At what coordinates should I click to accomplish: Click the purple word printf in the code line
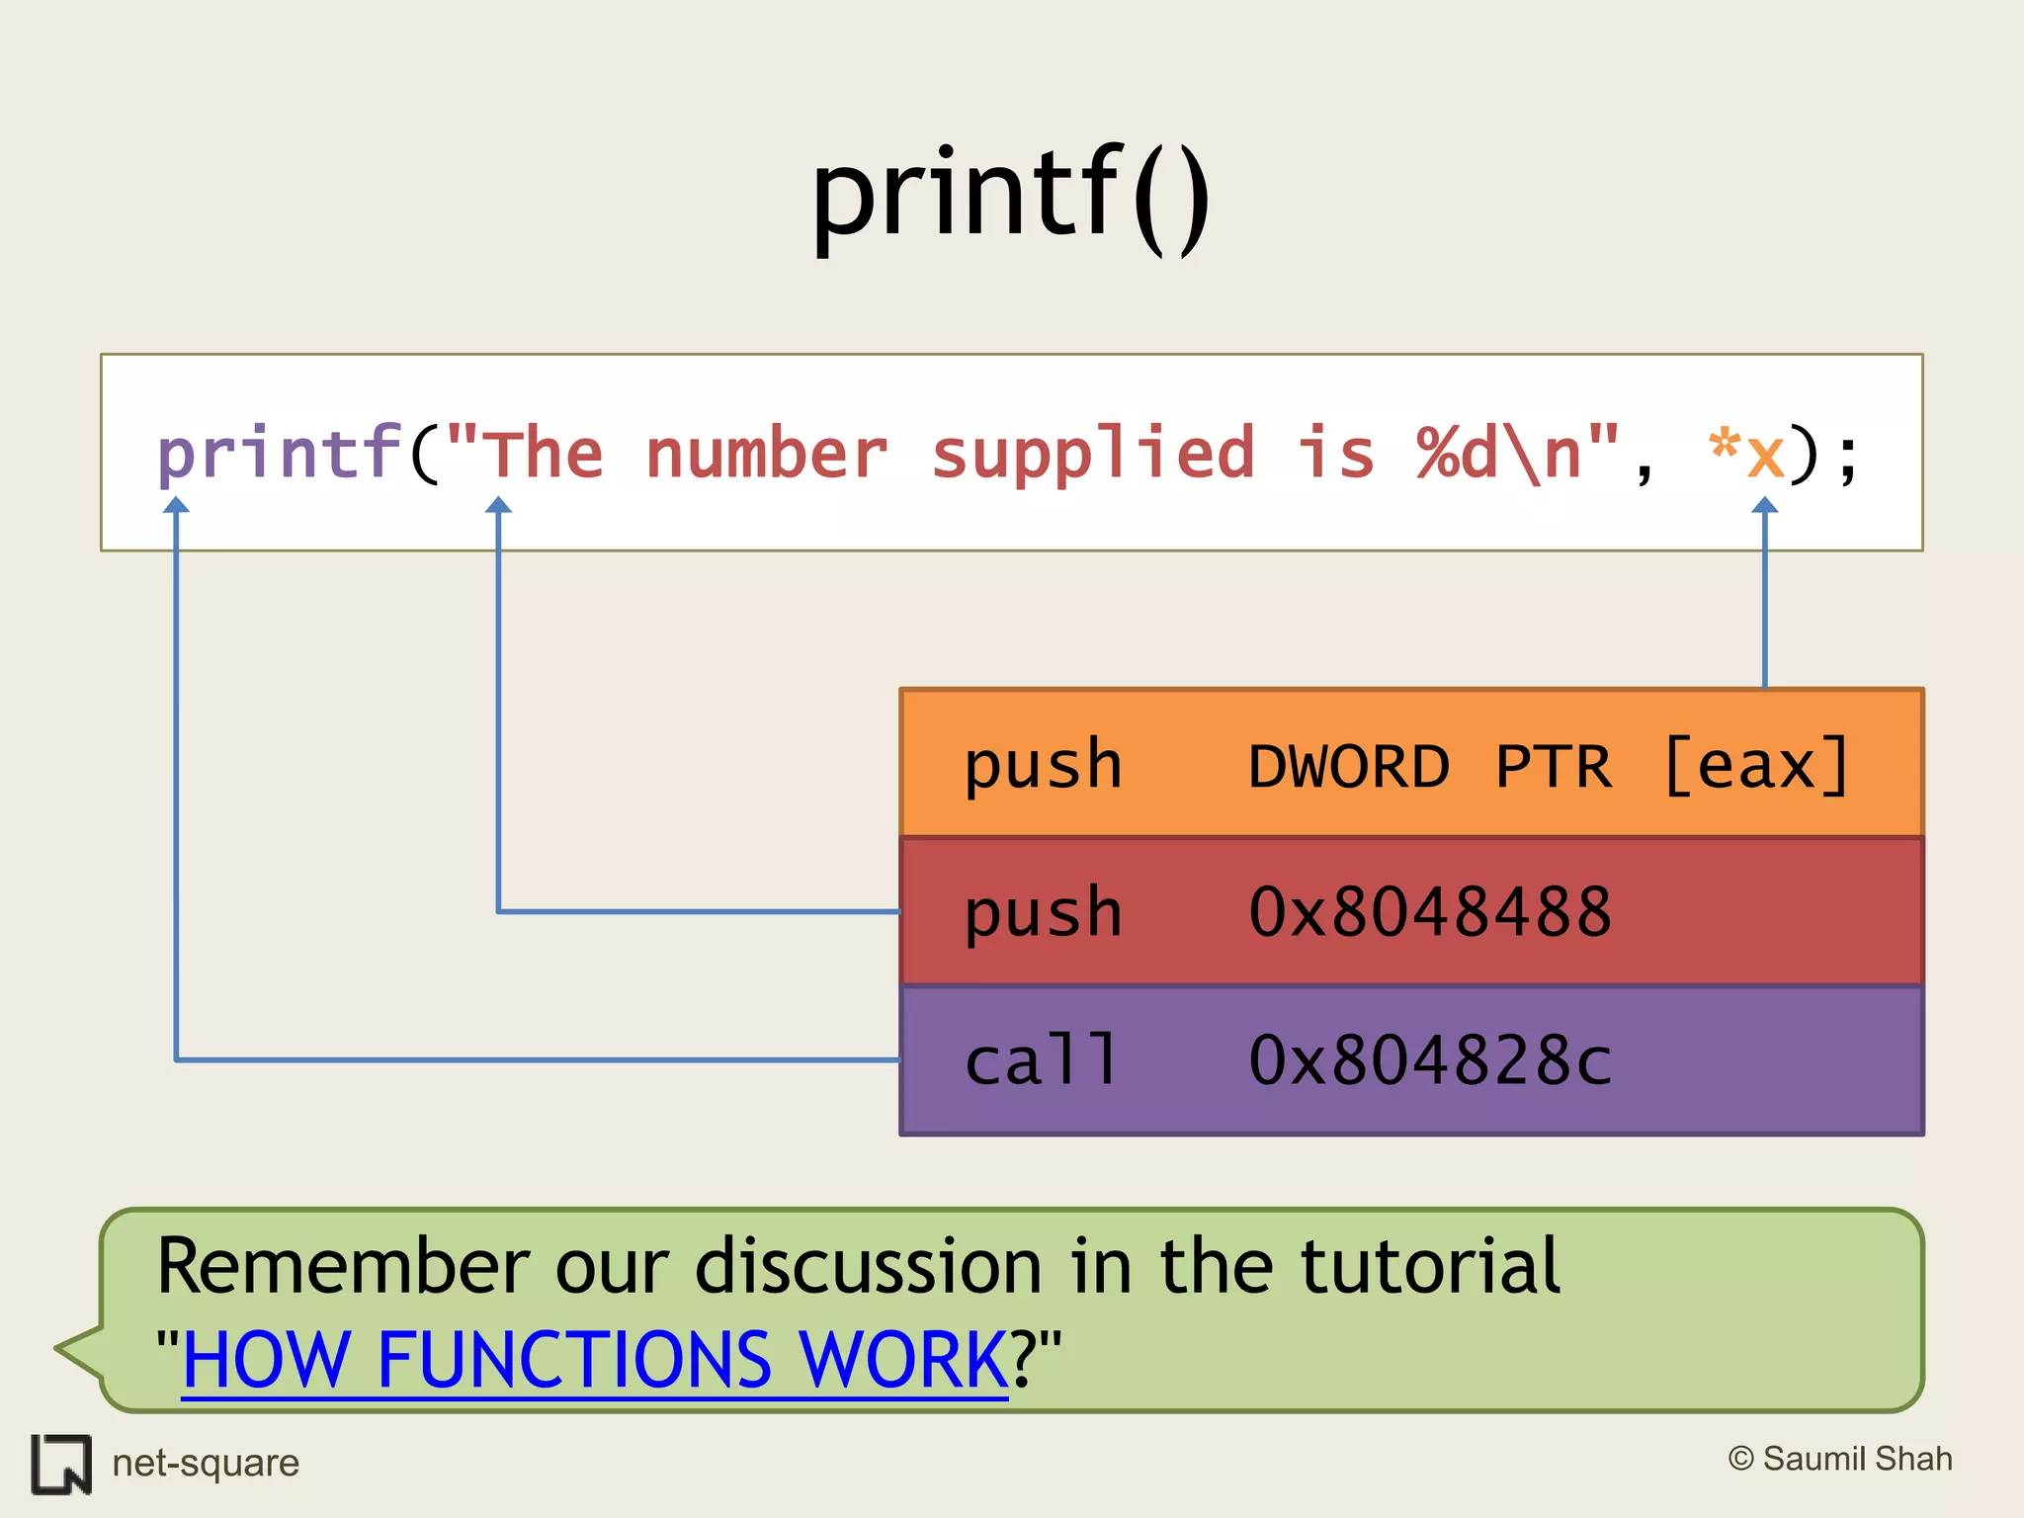tap(280, 454)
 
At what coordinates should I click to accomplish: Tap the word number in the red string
tap(766, 454)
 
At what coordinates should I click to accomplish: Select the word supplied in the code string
tap(1092, 454)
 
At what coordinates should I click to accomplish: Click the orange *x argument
tap(1746, 454)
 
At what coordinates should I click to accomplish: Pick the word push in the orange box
tap(1043, 765)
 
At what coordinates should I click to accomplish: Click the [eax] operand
tap(1756, 765)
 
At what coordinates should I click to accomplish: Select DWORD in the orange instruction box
tap(1348, 767)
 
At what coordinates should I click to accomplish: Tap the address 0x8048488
tap(1429, 912)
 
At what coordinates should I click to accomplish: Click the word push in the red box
tap(1043, 913)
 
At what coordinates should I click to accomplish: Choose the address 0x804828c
tap(1429, 1061)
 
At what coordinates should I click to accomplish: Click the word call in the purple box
tap(1041, 1060)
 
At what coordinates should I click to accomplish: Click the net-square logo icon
tap(61, 1464)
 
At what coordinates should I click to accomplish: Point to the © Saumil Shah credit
tap(1840, 1459)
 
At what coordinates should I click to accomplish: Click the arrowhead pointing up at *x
tap(1765, 506)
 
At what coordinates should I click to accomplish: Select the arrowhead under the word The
tap(498, 506)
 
